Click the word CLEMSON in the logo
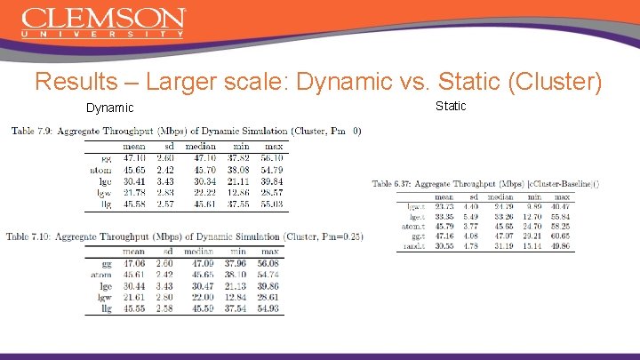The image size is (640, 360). [x=103, y=18]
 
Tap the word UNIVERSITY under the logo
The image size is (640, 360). [x=103, y=35]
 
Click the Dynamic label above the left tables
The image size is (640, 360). [x=109, y=108]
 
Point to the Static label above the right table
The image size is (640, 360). [x=451, y=107]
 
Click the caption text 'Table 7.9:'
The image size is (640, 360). [x=31, y=132]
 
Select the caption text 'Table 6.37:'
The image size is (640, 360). [x=392, y=184]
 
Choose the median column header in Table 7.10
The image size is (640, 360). [x=202, y=252]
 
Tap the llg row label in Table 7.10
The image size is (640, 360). [x=106, y=309]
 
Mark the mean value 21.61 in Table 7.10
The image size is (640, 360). [x=135, y=298]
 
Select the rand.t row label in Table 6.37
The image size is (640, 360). [x=417, y=246]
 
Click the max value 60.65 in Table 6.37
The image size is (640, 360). [x=561, y=236]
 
